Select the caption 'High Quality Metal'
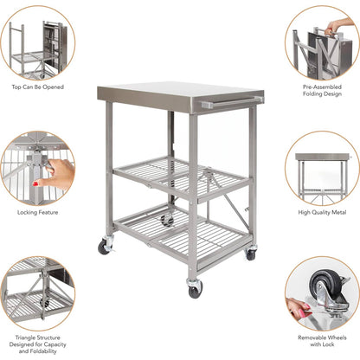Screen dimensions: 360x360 coord(322,212)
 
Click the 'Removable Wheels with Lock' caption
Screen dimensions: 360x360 coord(322,340)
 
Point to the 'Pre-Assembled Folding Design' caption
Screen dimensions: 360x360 coord(322,92)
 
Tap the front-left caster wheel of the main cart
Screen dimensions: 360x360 coord(105,247)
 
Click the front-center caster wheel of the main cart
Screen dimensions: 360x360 coord(194,287)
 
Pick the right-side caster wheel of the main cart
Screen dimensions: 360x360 coord(250,254)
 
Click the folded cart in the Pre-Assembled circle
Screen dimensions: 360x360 coord(316,48)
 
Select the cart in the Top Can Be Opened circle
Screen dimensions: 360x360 coord(39,43)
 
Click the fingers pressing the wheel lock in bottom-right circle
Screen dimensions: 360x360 coord(299,308)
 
